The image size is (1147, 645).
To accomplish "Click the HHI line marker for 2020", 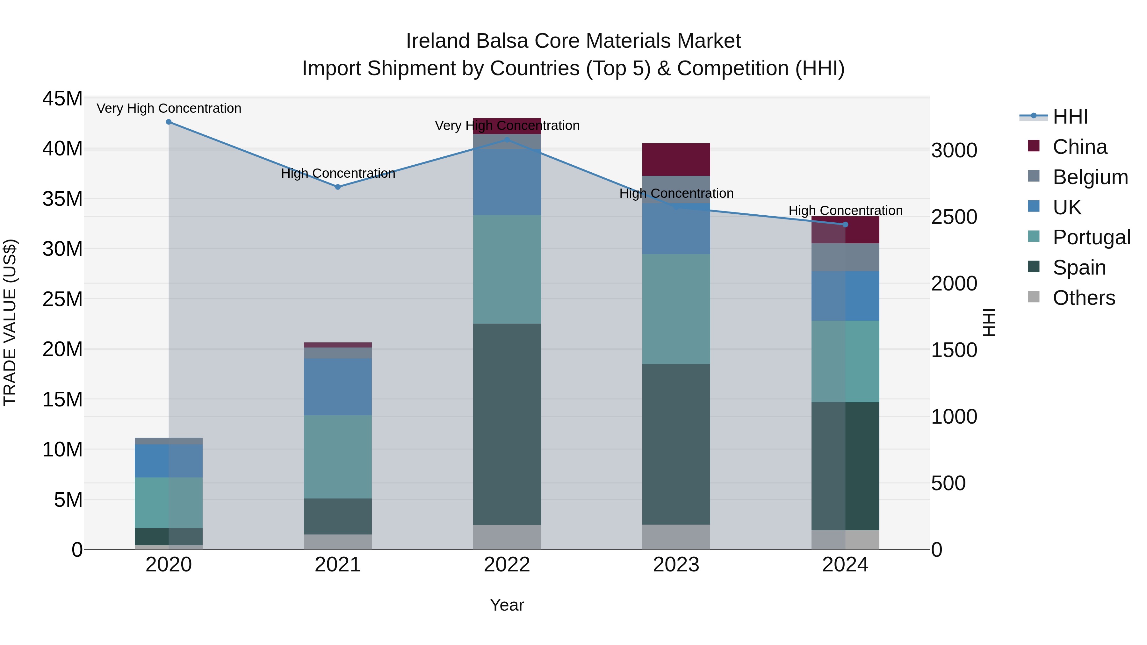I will (169, 122).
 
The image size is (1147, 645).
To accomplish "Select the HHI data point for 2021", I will (338, 187).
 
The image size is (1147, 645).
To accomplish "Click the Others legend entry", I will (1083, 298).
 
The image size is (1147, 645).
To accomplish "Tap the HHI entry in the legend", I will (1070, 117).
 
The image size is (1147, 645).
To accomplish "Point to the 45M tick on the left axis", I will (62, 98).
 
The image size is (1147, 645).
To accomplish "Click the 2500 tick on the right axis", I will (954, 217).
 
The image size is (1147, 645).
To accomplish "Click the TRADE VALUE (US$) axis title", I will (10, 322).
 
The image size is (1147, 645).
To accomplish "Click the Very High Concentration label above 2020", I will (169, 108).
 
